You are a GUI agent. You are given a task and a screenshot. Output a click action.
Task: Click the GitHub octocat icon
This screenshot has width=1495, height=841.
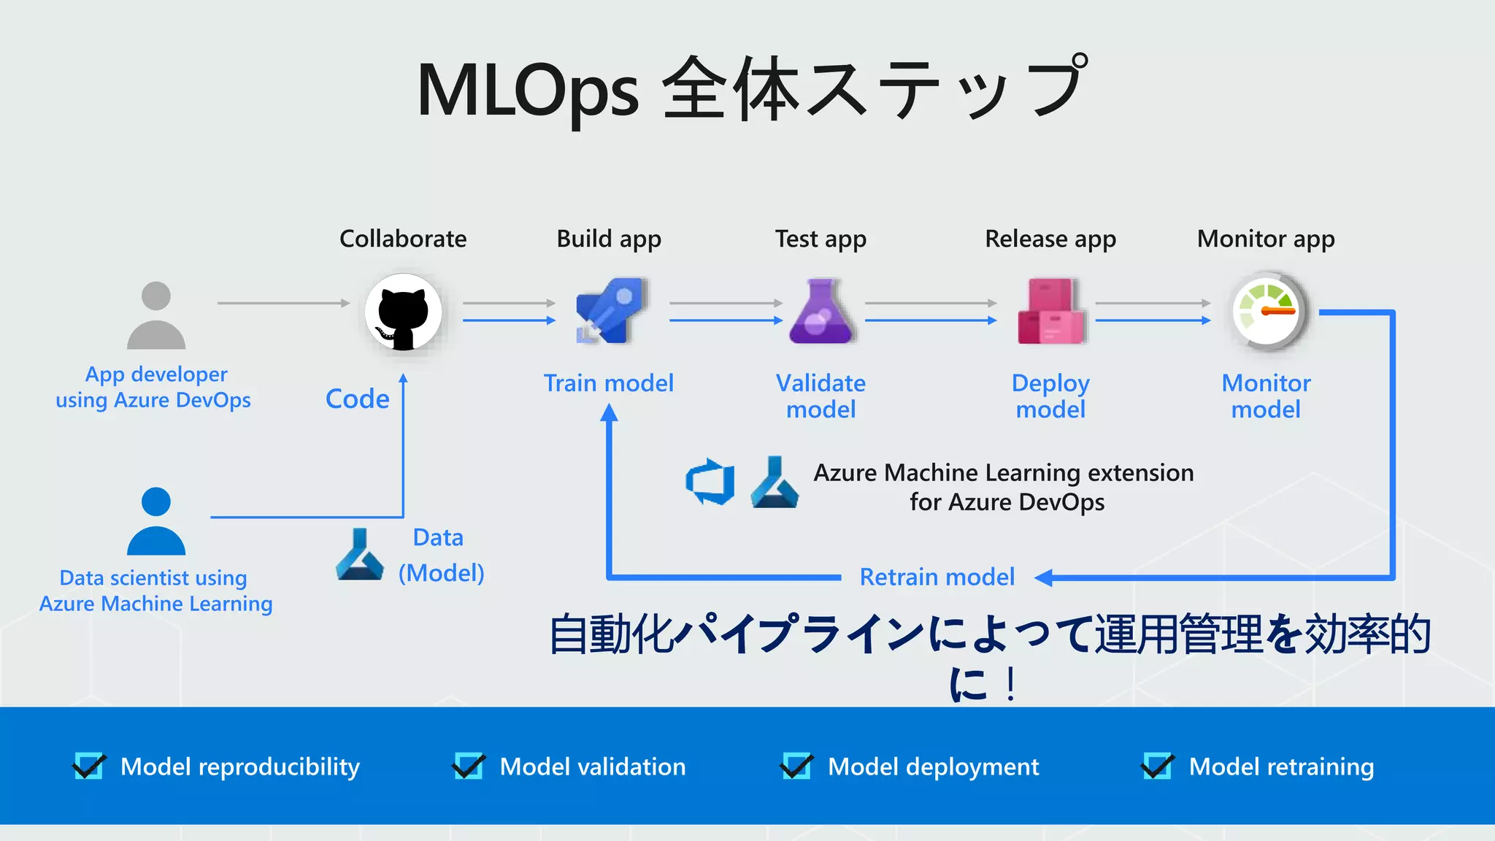click(x=403, y=312)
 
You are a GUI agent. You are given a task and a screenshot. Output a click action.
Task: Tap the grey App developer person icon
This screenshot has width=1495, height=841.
click(x=155, y=315)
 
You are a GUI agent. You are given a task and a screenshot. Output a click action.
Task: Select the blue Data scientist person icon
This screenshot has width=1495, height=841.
click(x=155, y=521)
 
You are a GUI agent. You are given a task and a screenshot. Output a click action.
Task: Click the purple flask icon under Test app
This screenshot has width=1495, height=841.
click(x=821, y=312)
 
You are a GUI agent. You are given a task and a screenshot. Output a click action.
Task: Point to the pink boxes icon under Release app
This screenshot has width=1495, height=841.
click(x=1050, y=312)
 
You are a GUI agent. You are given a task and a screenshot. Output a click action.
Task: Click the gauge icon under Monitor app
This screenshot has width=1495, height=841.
click(x=1267, y=312)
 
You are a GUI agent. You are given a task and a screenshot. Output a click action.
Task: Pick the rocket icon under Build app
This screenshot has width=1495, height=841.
click(x=609, y=310)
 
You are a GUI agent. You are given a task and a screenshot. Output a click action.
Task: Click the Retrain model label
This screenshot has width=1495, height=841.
click(x=937, y=577)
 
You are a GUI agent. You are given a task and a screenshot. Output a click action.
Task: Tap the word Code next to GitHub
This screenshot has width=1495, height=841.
click(x=357, y=399)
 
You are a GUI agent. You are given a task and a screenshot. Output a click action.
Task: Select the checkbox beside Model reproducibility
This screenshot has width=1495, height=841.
click(x=89, y=766)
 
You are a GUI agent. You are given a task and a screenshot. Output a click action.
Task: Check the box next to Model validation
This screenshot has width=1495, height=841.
click(x=468, y=766)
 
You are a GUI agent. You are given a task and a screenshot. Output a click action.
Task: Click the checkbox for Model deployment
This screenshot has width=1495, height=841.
click(x=796, y=766)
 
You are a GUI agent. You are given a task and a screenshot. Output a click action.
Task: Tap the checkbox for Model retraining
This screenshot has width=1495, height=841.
click(x=1157, y=766)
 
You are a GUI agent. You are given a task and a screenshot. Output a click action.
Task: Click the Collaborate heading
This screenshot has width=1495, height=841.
click(x=403, y=239)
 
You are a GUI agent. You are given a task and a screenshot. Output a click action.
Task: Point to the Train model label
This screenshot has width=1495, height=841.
click(x=608, y=383)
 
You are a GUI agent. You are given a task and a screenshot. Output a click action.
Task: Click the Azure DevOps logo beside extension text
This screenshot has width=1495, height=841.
click(x=710, y=482)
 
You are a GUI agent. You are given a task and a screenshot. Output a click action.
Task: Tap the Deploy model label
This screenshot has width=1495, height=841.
click(x=1050, y=396)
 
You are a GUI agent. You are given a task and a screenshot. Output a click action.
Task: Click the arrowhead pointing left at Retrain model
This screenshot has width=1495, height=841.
click(x=1044, y=577)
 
